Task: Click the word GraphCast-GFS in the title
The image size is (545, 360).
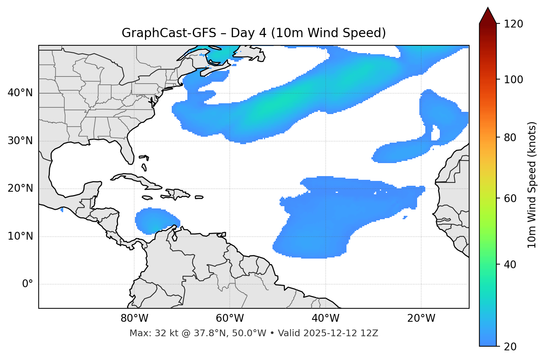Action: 169,33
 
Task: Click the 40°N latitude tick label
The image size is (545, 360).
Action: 20,93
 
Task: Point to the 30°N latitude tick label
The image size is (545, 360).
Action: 20,141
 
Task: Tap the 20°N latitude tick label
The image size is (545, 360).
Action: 20,188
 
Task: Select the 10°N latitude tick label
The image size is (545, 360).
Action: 20,236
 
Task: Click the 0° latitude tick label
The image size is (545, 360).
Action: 28,284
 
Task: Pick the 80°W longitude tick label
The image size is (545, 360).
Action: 134,318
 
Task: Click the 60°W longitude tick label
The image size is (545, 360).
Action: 230,318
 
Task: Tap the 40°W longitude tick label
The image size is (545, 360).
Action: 325,318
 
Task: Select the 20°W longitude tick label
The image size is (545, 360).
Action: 421,318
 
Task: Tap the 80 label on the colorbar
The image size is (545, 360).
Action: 512,137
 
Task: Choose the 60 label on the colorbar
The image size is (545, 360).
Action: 512,198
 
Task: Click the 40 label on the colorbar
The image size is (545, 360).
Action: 512,265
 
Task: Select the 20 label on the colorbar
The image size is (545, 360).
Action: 512,347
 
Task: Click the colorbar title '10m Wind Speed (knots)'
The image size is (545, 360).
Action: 532,185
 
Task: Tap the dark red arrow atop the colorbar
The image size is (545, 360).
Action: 488,16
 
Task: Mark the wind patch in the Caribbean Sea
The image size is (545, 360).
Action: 154,221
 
